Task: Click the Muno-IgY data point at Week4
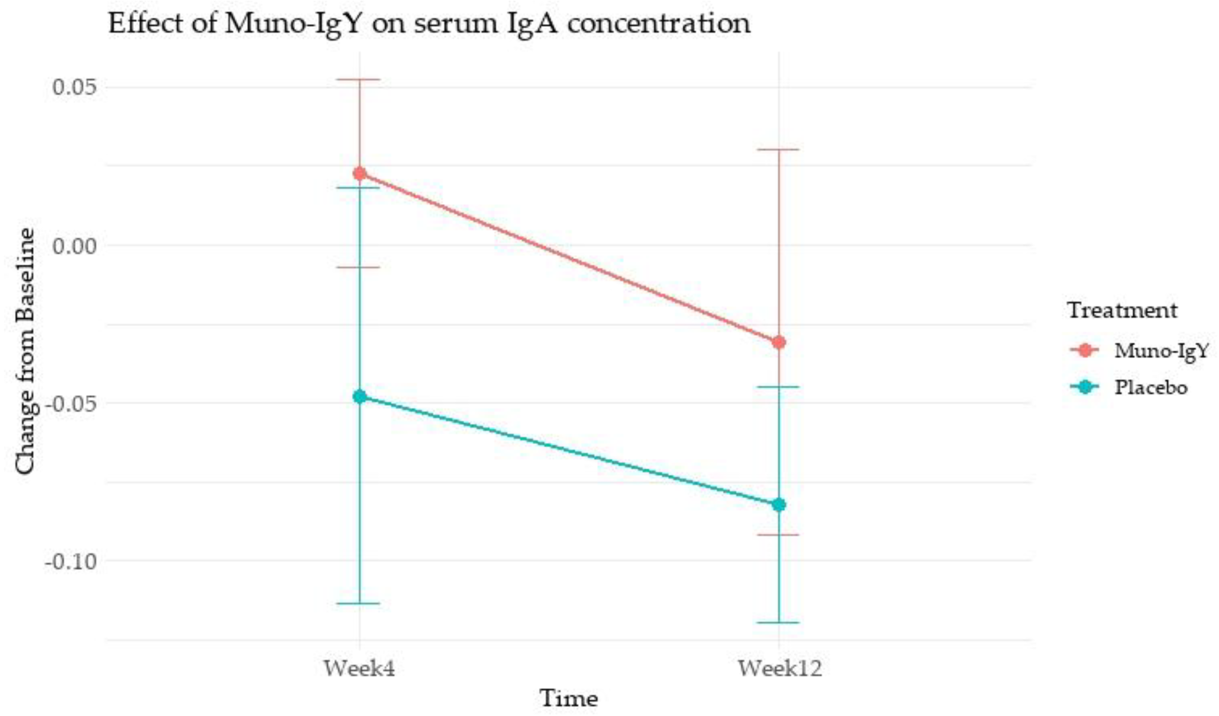click(x=359, y=174)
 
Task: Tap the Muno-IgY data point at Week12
click(x=779, y=343)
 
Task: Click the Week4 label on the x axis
click(x=359, y=669)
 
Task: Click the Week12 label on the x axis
click(x=779, y=669)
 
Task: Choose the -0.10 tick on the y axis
click(x=70, y=562)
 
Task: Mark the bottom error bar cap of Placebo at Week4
click(x=359, y=603)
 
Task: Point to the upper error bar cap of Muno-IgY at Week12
click(x=779, y=150)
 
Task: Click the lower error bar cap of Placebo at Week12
click(x=779, y=622)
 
